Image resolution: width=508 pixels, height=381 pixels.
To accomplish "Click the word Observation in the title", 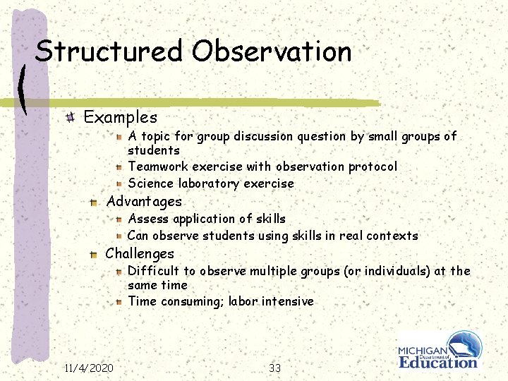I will point(272,51).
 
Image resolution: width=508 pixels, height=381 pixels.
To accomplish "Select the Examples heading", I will point(120,117).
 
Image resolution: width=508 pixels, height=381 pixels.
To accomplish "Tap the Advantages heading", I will point(144,202).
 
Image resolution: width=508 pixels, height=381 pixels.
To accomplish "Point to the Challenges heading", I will point(140,254).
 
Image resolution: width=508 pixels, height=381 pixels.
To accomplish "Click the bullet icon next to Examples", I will point(71,117).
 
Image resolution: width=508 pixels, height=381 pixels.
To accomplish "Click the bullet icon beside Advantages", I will point(93,202).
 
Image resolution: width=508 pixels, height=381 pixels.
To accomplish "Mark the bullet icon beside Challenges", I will point(93,254).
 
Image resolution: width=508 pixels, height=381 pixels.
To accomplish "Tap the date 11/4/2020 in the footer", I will point(89,368).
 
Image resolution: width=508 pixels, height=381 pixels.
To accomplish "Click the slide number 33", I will point(275,368).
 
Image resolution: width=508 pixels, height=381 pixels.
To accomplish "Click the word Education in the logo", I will point(438,362).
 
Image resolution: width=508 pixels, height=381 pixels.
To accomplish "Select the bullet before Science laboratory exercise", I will point(121,184).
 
